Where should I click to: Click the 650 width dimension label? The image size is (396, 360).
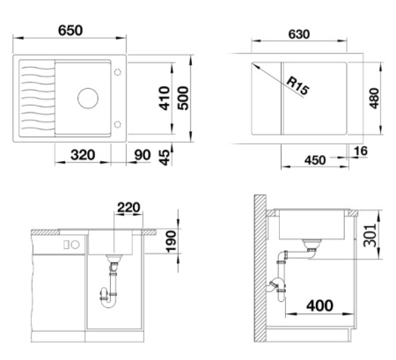click(x=70, y=31)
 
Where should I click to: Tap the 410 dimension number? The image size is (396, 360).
click(x=165, y=98)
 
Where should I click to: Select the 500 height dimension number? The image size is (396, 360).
click(x=183, y=98)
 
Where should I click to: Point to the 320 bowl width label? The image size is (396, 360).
click(x=83, y=155)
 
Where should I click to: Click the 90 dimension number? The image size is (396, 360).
click(x=143, y=155)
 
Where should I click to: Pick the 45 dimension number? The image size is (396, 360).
click(x=165, y=158)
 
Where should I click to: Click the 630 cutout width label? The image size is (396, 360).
click(x=299, y=34)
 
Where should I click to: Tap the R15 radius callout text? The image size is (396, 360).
click(x=297, y=85)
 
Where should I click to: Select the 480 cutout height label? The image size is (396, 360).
click(x=374, y=99)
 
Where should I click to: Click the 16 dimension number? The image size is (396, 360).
click(x=361, y=151)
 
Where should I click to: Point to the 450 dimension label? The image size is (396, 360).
click(x=315, y=160)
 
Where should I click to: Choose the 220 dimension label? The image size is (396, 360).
click(x=128, y=208)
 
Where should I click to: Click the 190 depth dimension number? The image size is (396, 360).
click(x=172, y=241)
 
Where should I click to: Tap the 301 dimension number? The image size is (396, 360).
click(x=370, y=235)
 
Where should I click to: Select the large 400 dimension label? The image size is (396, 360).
click(x=319, y=305)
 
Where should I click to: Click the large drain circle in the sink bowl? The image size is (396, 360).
click(x=88, y=99)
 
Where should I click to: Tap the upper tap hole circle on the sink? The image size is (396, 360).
click(x=118, y=72)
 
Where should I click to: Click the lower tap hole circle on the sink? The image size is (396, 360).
click(x=118, y=124)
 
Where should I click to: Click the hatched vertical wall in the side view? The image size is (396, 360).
click(x=260, y=268)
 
